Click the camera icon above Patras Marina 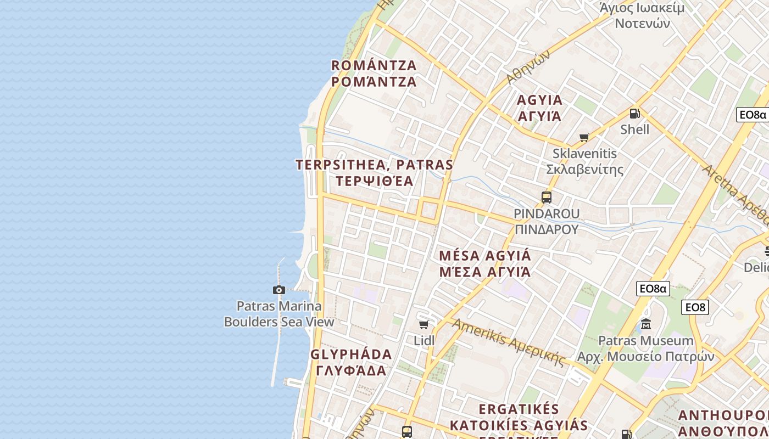(279, 290)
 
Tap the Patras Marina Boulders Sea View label (279, 314)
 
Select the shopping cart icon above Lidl (423, 325)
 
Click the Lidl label (424, 341)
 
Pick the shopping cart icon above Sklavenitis (584, 138)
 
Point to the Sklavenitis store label (585, 161)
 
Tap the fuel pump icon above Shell (634, 114)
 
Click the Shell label (634, 130)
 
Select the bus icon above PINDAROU (546, 198)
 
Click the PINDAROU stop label (547, 221)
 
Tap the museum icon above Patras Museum (646, 324)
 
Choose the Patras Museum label (645, 348)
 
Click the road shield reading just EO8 (695, 307)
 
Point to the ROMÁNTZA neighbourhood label (374, 74)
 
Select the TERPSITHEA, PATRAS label (374, 173)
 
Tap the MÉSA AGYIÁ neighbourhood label (485, 263)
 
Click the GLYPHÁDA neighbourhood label (351, 362)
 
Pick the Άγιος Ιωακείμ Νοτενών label (642, 15)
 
